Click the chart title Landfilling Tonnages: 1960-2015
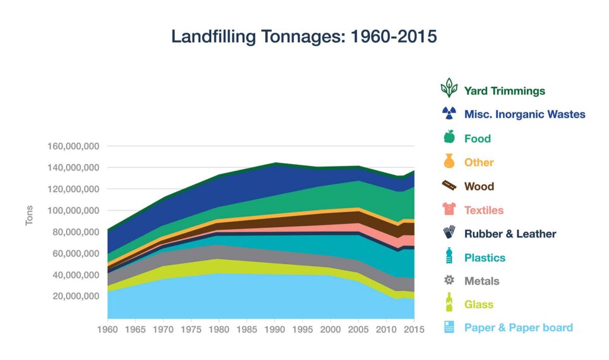point(304,37)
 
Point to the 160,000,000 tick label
point(69,146)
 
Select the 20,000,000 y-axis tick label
point(71,296)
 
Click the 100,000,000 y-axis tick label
point(69,211)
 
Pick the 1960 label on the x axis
point(107,328)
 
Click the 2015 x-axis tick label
point(414,328)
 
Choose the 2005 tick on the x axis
point(359,328)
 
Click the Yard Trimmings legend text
point(504,91)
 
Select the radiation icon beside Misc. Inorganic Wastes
point(449,114)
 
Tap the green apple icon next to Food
point(449,138)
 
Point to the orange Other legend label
point(479,162)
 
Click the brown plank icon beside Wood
point(449,186)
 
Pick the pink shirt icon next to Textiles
point(449,209)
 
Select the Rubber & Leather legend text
point(510,234)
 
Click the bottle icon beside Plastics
point(449,256)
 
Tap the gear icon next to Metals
point(449,280)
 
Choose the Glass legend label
point(479,305)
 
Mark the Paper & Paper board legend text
point(518,328)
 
